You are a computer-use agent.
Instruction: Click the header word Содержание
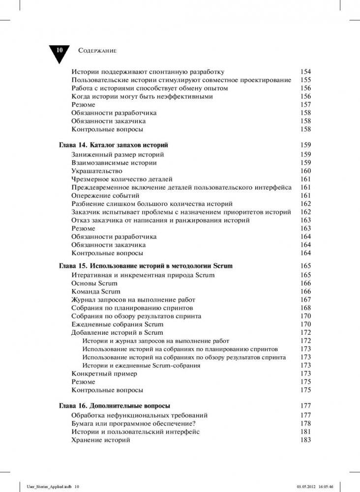click(x=97, y=51)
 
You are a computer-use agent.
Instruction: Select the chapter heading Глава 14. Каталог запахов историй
click(x=114, y=145)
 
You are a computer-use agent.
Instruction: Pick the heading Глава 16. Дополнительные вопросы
click(x=115, y=406)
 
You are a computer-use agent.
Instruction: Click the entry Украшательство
click(x=97, y=171)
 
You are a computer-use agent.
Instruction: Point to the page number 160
click(x=305, y=171)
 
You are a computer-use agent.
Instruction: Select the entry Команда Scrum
click(x=96, y=291)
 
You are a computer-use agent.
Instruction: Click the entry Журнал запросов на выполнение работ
click(x=133, y=300)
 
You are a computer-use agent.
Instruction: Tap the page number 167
click(x=305, y=300)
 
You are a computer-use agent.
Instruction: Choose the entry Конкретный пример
click(x=104, y=374)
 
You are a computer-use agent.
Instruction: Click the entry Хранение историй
click(x=101, y=440)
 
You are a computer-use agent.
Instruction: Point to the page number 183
click(x=305, y=440)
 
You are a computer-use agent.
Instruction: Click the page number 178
click(x=305, y=423)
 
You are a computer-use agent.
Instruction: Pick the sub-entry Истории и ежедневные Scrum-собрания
click(x=141, y=366)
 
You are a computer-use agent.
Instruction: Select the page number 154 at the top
click(x=305, y=72)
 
